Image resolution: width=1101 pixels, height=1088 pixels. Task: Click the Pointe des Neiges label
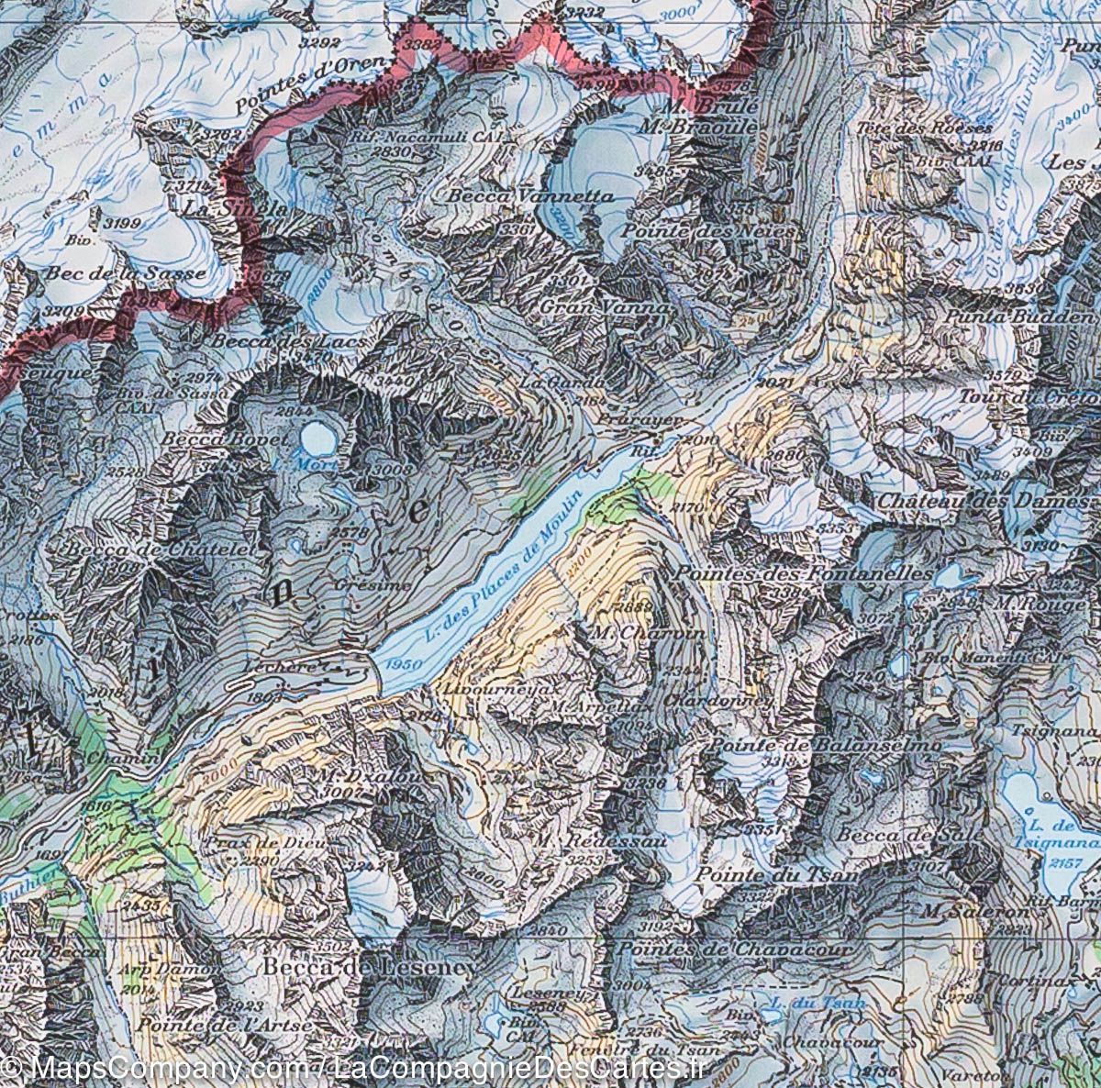pos(707,231)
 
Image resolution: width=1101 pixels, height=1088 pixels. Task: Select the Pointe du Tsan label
pos(776,874)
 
